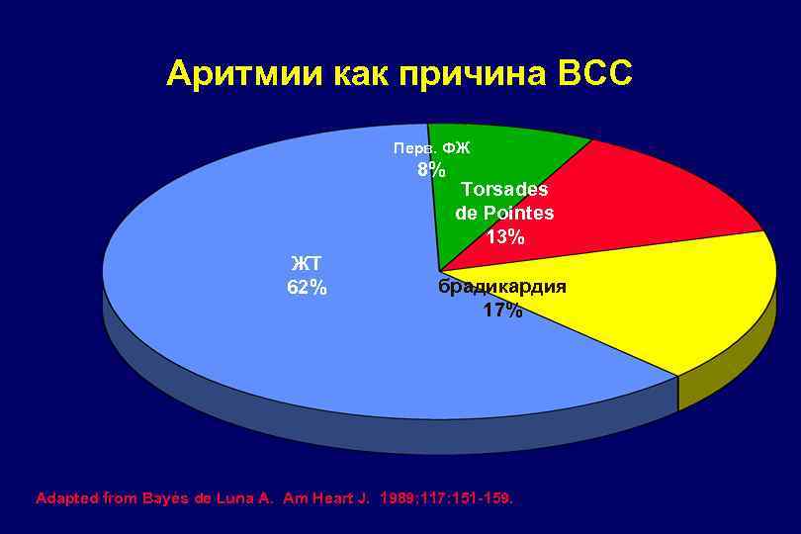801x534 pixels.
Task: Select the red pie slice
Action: [653, 198]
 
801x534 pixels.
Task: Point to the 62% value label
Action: [307, 288]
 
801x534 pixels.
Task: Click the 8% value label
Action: [431, 169]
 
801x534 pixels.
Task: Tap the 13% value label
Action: [505, 237]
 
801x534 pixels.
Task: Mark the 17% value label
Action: [502, 311]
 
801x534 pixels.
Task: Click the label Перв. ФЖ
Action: [431, 148]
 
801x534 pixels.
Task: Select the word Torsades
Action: [504, 189]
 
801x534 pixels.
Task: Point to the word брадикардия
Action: [502, 287]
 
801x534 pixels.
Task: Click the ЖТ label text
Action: [306, 263]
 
